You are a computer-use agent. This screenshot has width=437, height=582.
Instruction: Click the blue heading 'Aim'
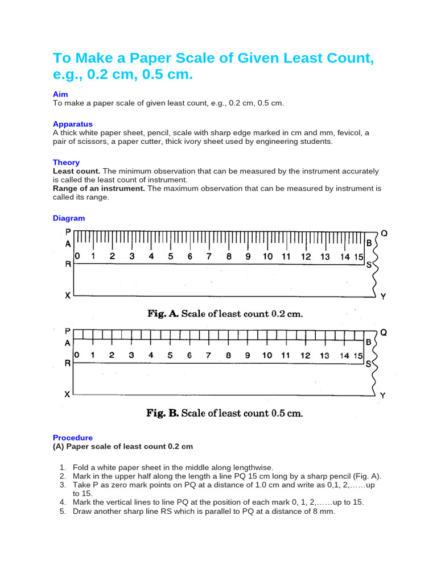click(x=60, y=94)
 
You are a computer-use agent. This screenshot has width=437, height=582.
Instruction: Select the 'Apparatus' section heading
click(x=72, y=124)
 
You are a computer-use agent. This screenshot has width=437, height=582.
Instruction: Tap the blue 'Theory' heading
click(x=66, y=162)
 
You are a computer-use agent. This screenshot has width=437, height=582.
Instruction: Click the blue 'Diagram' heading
click(x=69, y=218)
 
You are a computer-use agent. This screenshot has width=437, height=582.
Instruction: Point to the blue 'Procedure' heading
click(x=72, y=438)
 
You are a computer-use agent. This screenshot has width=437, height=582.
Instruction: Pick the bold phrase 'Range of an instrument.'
click(x=99, y=188)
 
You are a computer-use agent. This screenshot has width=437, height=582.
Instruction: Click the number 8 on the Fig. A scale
click(x=229, y=256)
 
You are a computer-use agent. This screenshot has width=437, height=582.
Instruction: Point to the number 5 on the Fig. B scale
click(x=170, y=355)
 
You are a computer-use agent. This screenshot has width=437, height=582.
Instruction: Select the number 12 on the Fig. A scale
click(x=306, y=256)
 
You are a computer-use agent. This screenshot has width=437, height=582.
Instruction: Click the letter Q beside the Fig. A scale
click(x=384, y=233)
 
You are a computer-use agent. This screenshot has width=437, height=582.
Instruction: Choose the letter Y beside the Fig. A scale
click(x=383, y=296)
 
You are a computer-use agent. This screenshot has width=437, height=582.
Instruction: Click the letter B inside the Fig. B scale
click(x=369, y=342)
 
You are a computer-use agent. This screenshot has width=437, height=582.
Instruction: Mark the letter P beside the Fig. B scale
click(x=68, y=331)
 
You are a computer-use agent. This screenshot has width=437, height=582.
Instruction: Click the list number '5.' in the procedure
click(x=63, y=511)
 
